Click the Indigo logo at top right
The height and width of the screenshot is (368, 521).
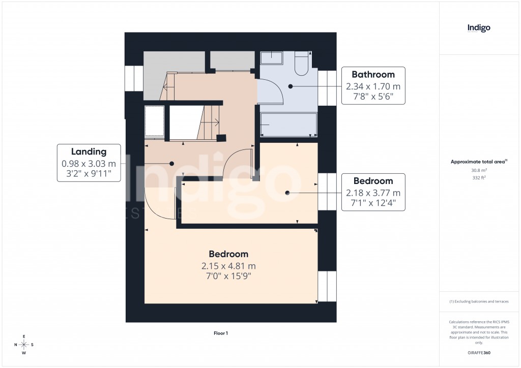point(479,28)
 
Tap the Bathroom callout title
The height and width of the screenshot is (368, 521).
point(373,75)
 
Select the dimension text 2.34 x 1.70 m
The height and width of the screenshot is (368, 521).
point(373,86)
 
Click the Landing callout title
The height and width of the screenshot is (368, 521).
point(89,151)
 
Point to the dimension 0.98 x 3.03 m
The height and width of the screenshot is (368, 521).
point(89,164)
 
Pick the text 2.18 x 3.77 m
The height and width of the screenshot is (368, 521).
point(373,193)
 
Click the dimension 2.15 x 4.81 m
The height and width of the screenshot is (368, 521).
point(228,266)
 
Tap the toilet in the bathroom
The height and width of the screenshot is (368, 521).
point(301,65)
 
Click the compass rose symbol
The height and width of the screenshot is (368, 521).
point(24,345)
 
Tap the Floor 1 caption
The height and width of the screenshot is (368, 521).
point(221,333)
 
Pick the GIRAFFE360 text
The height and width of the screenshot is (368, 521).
point(479,353)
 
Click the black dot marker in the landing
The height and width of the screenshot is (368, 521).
point(172,164)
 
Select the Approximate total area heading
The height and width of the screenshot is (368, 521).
point(478,162)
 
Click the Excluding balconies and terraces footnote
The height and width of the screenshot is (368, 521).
point(479,301)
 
